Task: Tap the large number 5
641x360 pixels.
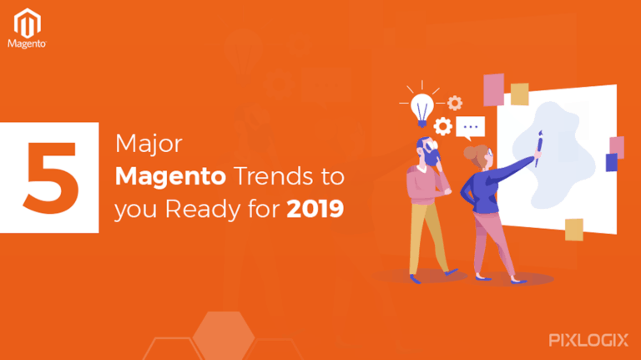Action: pos(53,177)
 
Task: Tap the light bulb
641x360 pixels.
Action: pos(423,106)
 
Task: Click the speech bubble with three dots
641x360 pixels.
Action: pos(472,127)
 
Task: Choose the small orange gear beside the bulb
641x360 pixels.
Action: pos(455,103)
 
